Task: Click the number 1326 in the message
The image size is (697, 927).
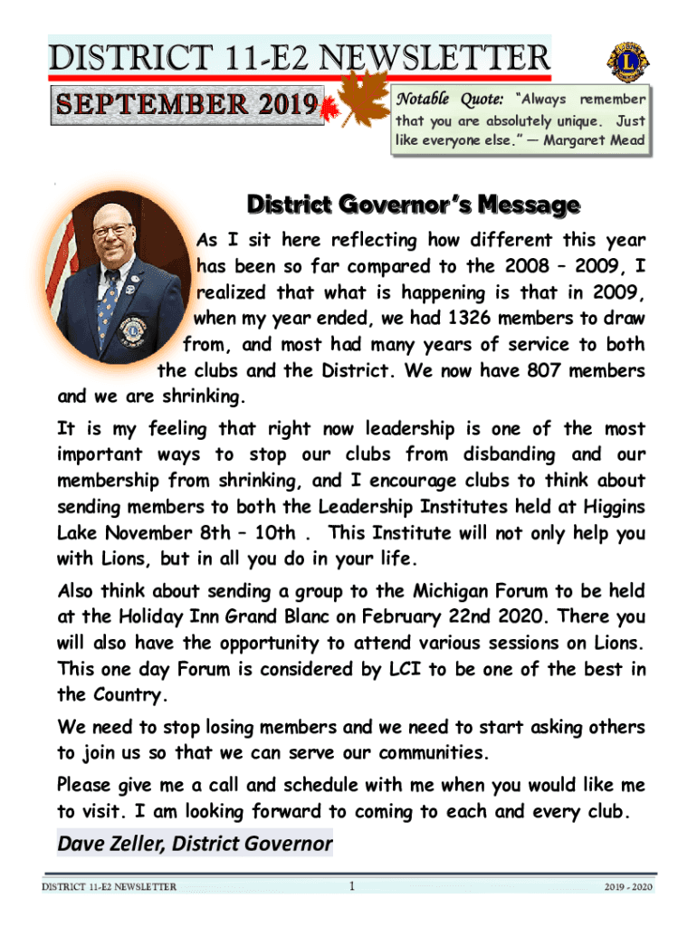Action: click(469, 320)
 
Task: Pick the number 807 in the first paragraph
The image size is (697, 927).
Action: click(554, 371)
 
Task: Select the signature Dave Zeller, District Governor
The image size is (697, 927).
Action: click(195, 845)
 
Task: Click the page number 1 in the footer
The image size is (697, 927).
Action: click(350, 885)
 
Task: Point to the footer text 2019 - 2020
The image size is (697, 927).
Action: click(628, 886)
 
